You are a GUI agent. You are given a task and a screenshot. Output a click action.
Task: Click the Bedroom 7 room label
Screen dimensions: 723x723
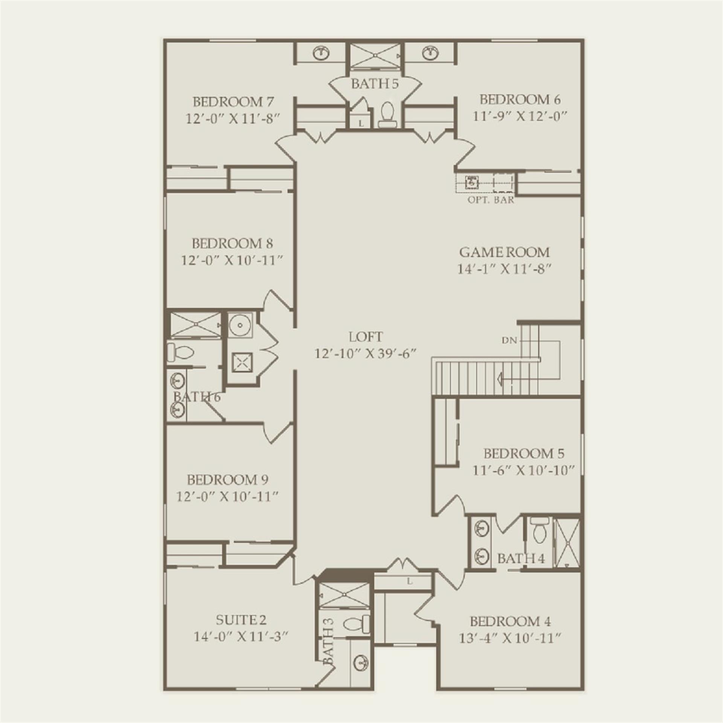pyautogui.click(x=233, y=102)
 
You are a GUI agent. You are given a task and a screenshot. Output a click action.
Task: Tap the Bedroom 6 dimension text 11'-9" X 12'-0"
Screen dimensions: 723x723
pyautogui.click(x=520, y=116)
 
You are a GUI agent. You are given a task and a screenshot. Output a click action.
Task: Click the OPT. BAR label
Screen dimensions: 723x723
pyautogui.click(x=491, y=200)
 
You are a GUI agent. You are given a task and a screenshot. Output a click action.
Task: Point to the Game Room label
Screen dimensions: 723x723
pyautogui.click(x=504, y=252)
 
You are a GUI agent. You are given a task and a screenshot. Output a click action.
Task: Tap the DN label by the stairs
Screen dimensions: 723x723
pyautogui.click(x=509, y=340)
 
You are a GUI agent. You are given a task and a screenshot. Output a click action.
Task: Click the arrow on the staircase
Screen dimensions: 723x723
pyautogui.click(x=500, y=378)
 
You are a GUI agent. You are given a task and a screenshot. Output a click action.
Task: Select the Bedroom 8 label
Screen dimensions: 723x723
pyautogui.click(x=232, y=243)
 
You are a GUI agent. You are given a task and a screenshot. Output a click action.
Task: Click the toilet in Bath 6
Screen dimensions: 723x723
pyautogui.click(x=180, y=352)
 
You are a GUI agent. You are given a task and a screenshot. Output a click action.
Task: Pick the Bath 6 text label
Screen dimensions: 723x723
pyautogui.click(x=197, y=397)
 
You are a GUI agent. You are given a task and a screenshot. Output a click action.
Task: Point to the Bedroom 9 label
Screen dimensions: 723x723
pyautogui.click(x=227, y=480)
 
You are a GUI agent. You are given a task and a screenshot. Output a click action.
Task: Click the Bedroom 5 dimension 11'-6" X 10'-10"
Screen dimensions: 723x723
pyautogui.click(x=523, y=470)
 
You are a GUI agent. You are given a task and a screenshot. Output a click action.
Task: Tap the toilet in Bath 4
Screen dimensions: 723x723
pyautogui.click(x=540, y=531)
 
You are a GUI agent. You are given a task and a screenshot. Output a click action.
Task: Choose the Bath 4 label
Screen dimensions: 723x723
pyautogui.click(x=521, y=558)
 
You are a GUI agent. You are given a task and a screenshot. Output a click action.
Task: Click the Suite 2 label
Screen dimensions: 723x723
pyautogui.click(x=241, y=620)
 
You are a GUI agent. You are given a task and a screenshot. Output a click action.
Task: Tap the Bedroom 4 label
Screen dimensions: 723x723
pyautogui.click(x=510, y=621)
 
